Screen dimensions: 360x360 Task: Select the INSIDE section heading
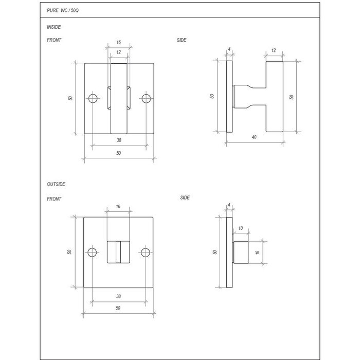53,27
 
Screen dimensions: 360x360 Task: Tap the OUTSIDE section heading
56,184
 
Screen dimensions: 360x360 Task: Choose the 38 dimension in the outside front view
119,296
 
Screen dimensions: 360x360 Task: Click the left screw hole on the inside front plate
93,98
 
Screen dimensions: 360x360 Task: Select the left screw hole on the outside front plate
93,253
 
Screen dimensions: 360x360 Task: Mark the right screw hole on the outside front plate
146,253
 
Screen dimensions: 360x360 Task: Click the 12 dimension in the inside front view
119,52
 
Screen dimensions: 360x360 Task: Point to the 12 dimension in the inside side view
273,50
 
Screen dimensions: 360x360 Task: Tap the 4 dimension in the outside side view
228,205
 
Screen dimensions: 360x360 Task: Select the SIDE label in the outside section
186,197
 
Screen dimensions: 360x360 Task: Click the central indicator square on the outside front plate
119,252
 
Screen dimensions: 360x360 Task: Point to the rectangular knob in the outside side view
241,252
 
